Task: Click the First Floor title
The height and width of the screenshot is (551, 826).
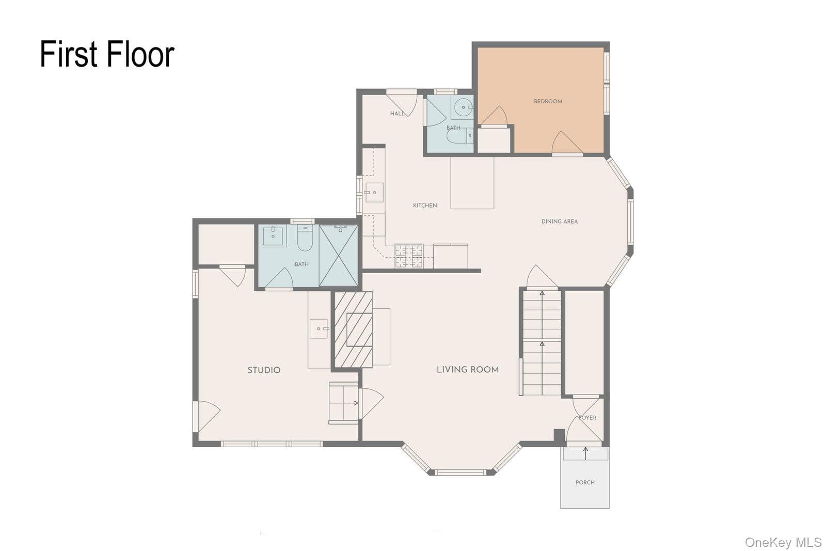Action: [x=107, y=54]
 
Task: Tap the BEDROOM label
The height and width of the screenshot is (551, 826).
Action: [x=548, y=101]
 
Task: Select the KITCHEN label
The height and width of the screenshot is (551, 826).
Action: [x=425, y=206]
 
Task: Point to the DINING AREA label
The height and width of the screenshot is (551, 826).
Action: [x=560, y=222]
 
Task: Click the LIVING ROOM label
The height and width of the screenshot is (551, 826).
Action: [x=468, y=370]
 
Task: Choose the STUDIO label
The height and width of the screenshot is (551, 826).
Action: [x=264, y=370]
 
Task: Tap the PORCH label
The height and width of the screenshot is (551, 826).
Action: [x=585, y=482]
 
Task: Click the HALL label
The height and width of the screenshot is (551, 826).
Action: [x=398, y=114]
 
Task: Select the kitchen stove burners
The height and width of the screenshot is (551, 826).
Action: [x=408, y=256]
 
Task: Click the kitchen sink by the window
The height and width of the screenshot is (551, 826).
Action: [x=374, y=193]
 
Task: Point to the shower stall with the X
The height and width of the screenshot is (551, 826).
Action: [x=339, y=256]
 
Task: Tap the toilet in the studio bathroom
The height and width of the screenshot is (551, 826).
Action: [x=305, y=238]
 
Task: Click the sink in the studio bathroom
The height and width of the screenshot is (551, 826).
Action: [x=273, y=236]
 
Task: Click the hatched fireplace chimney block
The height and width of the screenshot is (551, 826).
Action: [x=353, y=329]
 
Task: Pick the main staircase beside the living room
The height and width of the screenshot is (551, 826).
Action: [x=542, y=342]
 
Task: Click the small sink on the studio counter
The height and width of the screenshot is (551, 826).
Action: [x=319, y=328]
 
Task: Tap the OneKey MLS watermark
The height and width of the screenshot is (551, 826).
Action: [x=783, y=543]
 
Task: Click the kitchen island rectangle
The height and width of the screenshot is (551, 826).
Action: [x=472, y=183]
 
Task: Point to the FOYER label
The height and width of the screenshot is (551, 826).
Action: [x=587, y=417]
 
